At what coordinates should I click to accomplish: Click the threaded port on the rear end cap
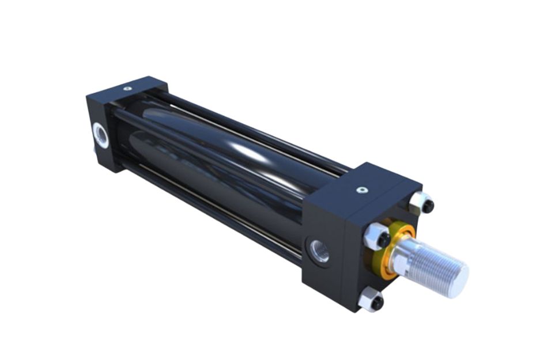point(101,134)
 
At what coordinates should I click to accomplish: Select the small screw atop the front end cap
point(361,190)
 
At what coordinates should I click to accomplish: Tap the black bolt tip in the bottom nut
point(376,303)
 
